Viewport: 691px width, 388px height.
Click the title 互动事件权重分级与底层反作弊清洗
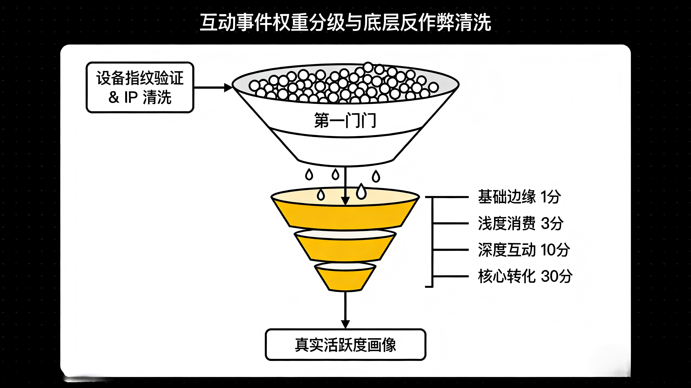click(x=345, y=22)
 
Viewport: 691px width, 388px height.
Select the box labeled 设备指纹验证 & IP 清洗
click(x=140, y=87)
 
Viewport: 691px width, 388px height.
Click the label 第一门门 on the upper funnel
click(x=345, y=121)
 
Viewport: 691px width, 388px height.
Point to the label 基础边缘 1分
click(x=519, y=197)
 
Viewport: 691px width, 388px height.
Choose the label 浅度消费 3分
click(x=520, y=223)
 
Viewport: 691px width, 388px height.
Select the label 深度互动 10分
click(x=524, y=250)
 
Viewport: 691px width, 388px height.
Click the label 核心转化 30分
click(x=525, y=276)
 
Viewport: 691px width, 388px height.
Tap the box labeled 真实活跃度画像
click(x=345, y=345)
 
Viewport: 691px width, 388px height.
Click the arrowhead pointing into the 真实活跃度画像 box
click(x=345, y=324)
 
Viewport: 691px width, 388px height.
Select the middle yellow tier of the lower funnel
click(x=345, y=249)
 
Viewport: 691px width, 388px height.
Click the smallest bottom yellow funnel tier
click(x=345, y=280)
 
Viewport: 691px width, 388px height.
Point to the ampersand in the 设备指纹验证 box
click(x=114, y=97)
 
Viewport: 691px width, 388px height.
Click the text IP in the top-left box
click(x=131, y=97)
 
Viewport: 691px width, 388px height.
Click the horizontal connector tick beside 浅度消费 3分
click(x=451, y=223)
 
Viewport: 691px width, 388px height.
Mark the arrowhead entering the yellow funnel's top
click(x=345, y=201)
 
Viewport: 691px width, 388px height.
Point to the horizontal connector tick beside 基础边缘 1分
click(x=451, y=197)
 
